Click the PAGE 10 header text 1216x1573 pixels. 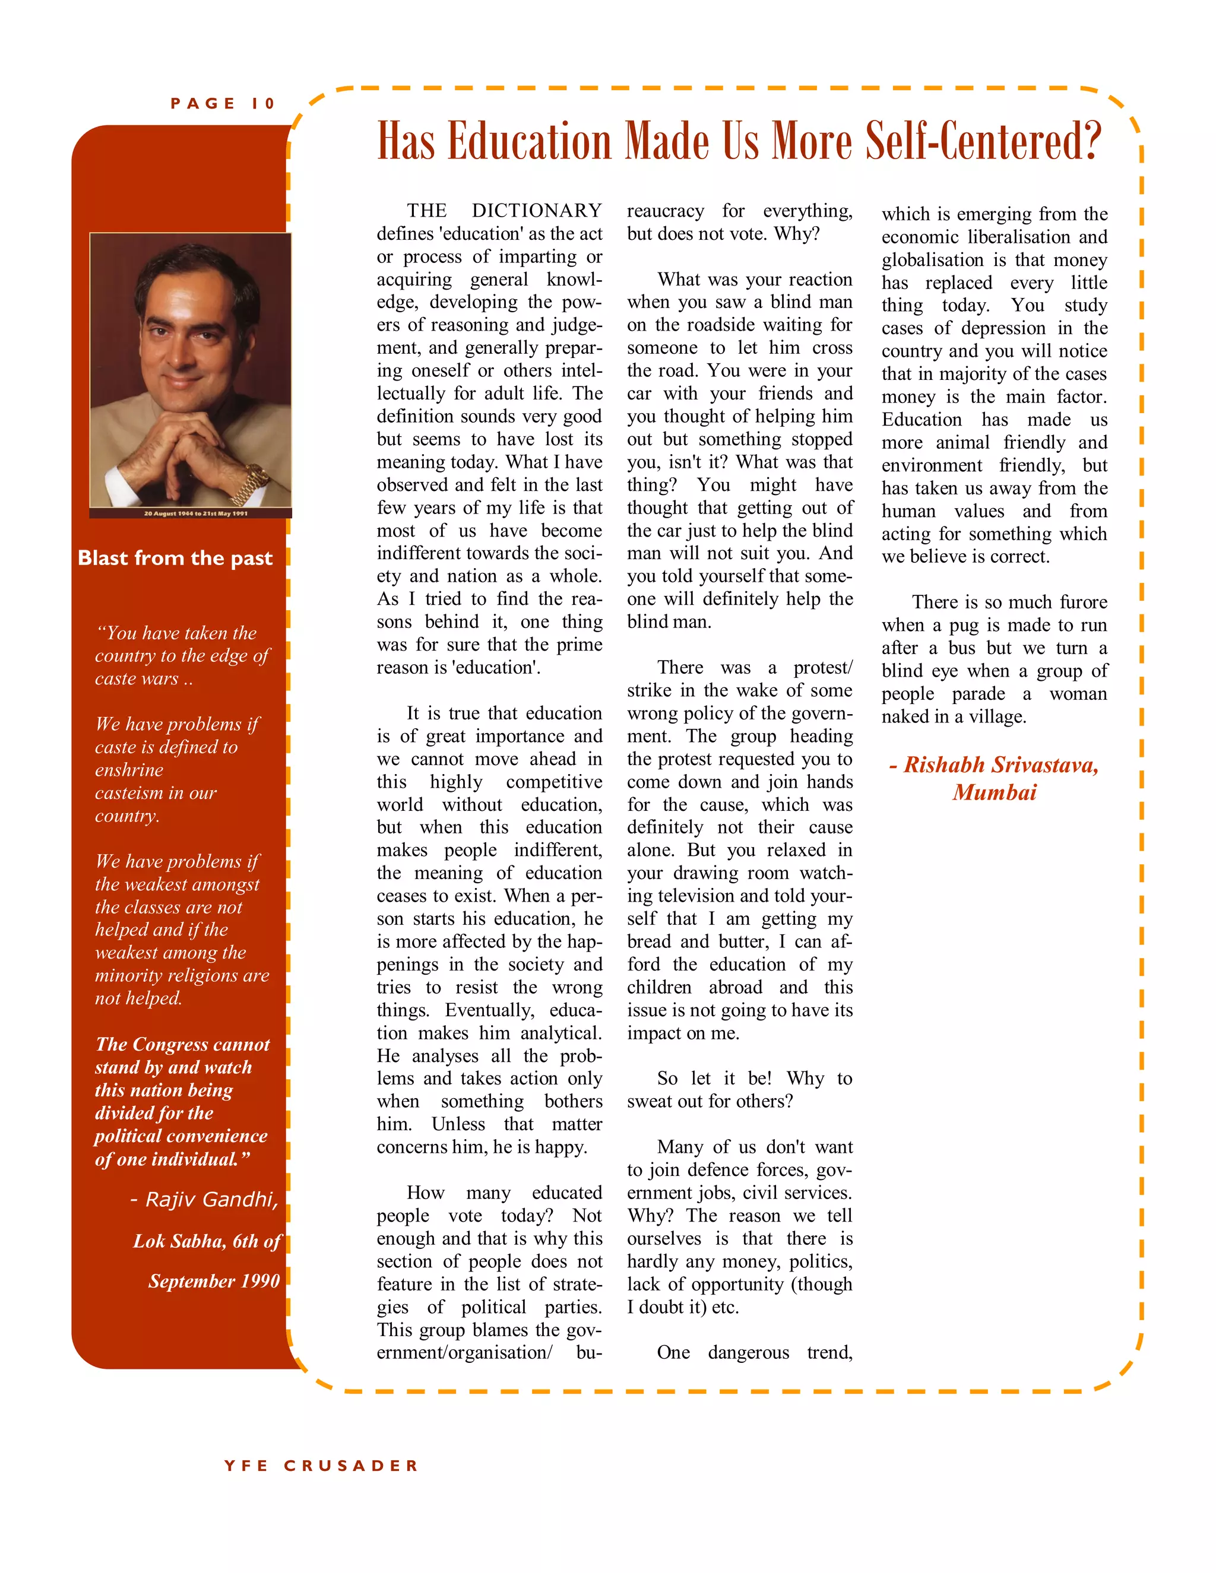tap(223, 104)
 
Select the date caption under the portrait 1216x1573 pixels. tap(195, 513)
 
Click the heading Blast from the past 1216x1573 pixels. tap(175, 558)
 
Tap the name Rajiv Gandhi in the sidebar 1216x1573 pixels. tap(211, 1199)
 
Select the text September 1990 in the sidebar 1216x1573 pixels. tap(214, 1282)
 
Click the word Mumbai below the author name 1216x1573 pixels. tap(994, 793)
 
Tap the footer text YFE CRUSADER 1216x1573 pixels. tap(321, 1466)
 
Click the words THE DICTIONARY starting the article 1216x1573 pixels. tap(504, 210)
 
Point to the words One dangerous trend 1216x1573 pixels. tap(753, 1353)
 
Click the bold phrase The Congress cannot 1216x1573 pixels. tap(183, 1044)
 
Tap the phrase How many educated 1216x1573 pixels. tap(504, 1193)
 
